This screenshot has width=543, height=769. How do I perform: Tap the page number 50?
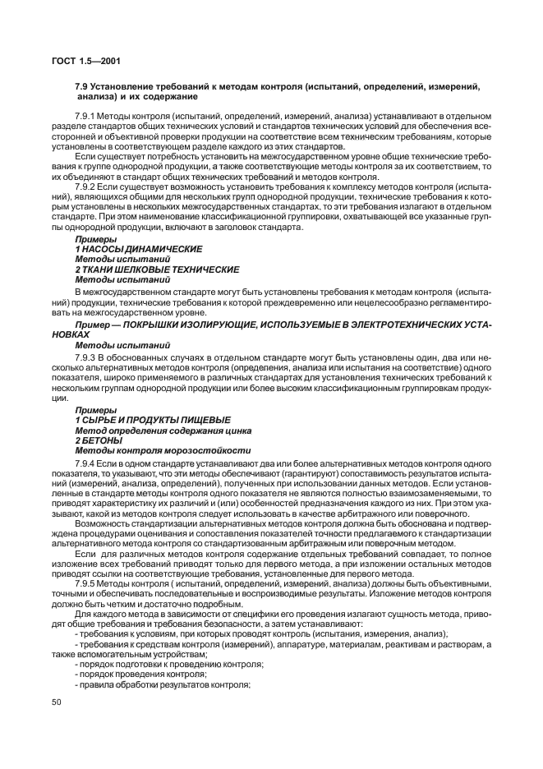[x=58, y=702]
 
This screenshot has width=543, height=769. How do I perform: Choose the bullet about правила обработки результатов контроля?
[x=162, y=684]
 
